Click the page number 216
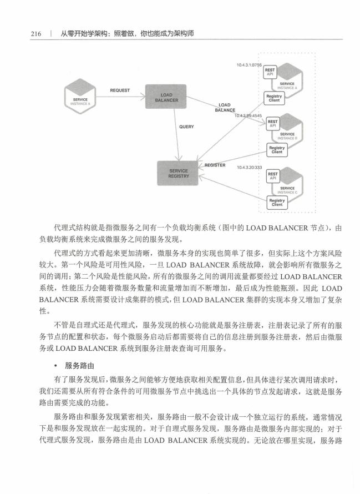pyautogui.click(x=36, y=34)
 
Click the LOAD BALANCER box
pyautogui.click(x=166, y=97)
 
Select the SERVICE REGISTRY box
pyautogui.click(x=178, y=173)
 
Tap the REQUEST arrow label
pyautogui.click(x=120, y=90)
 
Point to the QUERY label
pyautogui.click(x=186, y=127)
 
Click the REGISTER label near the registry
pyautogui.click(x=215, y=165)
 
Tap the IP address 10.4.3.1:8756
pyautogui.click(x=249, y=65)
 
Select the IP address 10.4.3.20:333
pyautogui.click(x=250, y=167)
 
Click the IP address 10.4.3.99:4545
pyautogui.click(x=248, y=115)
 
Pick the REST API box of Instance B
pyautogui.click(x=273, y=123)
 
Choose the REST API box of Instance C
pyautogui.click(x=273, y=176)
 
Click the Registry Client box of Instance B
pyautogui.click(x=277, y=150)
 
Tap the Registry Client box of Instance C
pyautogui.click(x=277, y=203)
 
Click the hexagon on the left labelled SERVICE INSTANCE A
pyautogui.click(x=80, y=97)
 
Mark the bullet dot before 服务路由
pyautogui.click(x=56, y=366)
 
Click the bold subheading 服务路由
pyautogui.click(x=80, y=366)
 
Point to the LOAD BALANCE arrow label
pyautogui.click(x=225, y=108)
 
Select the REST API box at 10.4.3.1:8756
pyautogui.click(x=270, y=72)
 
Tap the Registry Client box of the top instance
pyautogui.click(x=274, y=98)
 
